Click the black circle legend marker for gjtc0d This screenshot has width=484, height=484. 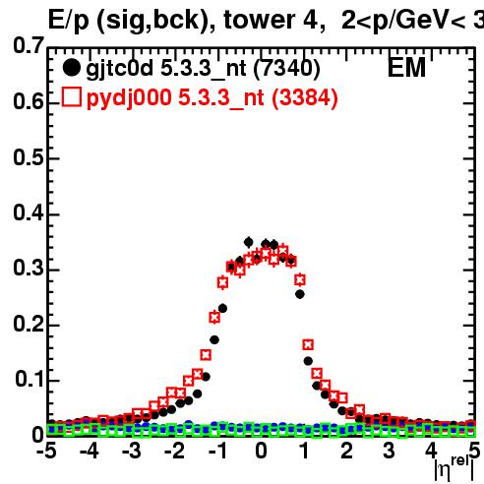coord(71,68)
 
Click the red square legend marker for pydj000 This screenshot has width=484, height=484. coord(72,97)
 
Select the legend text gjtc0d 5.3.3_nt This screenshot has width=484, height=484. coord(166,70)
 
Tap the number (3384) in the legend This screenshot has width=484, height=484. coord(305,97)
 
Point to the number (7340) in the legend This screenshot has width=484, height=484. coord(287,69)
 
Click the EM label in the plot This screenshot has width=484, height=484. coord(406,68)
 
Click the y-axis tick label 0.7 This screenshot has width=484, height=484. coord(29,45)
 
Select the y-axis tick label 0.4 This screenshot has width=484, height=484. coord(29,212)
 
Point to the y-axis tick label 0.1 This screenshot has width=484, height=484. coord(30,379)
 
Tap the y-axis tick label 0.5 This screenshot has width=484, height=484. coord(29,157)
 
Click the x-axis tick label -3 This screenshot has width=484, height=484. coord(132,451)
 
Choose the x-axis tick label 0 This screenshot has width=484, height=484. coord(261,451)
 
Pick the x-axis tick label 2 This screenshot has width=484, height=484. coord(346,451)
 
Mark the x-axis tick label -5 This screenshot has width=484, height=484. coord(46,451)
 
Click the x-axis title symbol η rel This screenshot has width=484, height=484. coord(454,468)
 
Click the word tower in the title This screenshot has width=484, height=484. coord(260,20)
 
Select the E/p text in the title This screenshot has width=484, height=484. coord(69,21)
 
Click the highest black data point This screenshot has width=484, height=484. coord(249,243)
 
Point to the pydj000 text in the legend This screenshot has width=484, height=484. coord(129,98)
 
